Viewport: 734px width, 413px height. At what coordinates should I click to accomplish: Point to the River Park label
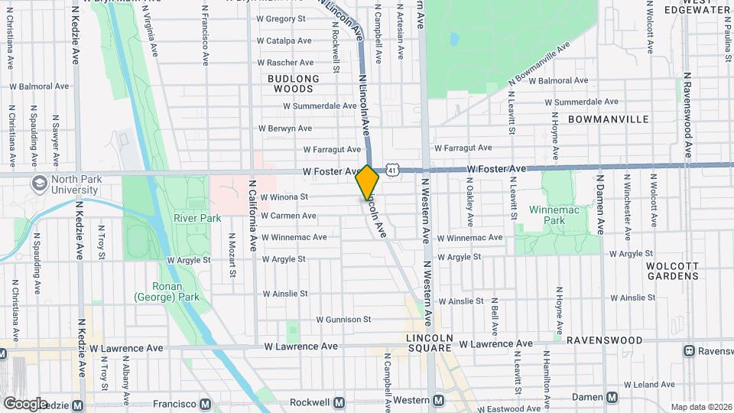pyautogui.click(x=197, y=218)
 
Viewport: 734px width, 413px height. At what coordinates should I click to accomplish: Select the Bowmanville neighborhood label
pyautogui.click(x=609, y=119)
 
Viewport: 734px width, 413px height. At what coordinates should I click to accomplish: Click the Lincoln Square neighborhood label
pyautogui.click(x=430, y=343)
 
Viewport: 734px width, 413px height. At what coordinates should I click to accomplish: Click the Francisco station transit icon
pyautogui.click(x=205, y=403)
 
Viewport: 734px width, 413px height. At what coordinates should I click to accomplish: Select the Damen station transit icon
pyautogui.click(x=612, y=397)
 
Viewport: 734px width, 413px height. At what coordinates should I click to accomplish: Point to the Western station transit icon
pyautogui.click(x=438, y=400)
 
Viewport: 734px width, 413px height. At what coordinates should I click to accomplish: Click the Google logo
pyautogui.click(x=26, y=403)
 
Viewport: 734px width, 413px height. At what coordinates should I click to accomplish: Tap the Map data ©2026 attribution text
pyautogui.click(x=700, y=407)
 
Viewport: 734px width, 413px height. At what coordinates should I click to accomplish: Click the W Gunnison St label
pyautogui.click(x=343, y=319)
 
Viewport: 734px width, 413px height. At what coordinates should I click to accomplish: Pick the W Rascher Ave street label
pyautogui.click(x=285, y=63)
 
